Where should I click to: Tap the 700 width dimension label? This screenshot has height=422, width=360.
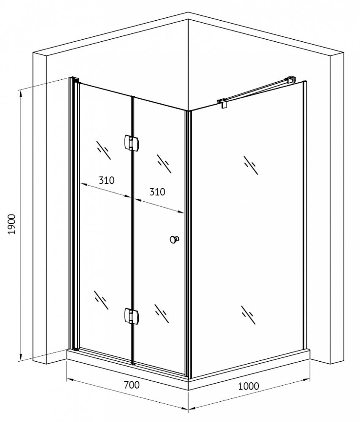click(x=132, y=385)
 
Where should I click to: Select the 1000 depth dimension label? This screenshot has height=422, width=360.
click(x=248, y=386)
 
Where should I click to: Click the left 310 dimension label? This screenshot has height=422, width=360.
click(x=107, y=180)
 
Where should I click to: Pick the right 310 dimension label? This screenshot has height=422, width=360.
click(x=157, y=192)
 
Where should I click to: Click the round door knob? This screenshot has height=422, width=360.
click(x=174, y=239)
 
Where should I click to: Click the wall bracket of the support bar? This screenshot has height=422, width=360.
click(x=291, y=79)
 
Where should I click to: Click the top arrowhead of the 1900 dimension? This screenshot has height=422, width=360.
click(x=20, y=93)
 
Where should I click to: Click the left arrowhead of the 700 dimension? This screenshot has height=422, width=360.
click(x=70, y=380)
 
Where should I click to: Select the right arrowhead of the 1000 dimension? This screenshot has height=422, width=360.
click(x=307, y=380)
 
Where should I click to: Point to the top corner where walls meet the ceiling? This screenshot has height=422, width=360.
click(x=188, y=19)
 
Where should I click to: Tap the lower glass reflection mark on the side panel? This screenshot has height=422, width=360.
click(x=248, y=315)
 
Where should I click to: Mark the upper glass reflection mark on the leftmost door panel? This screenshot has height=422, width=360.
click(x=103, y=150)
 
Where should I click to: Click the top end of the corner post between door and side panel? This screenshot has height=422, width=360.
click(x=188, y=111)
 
